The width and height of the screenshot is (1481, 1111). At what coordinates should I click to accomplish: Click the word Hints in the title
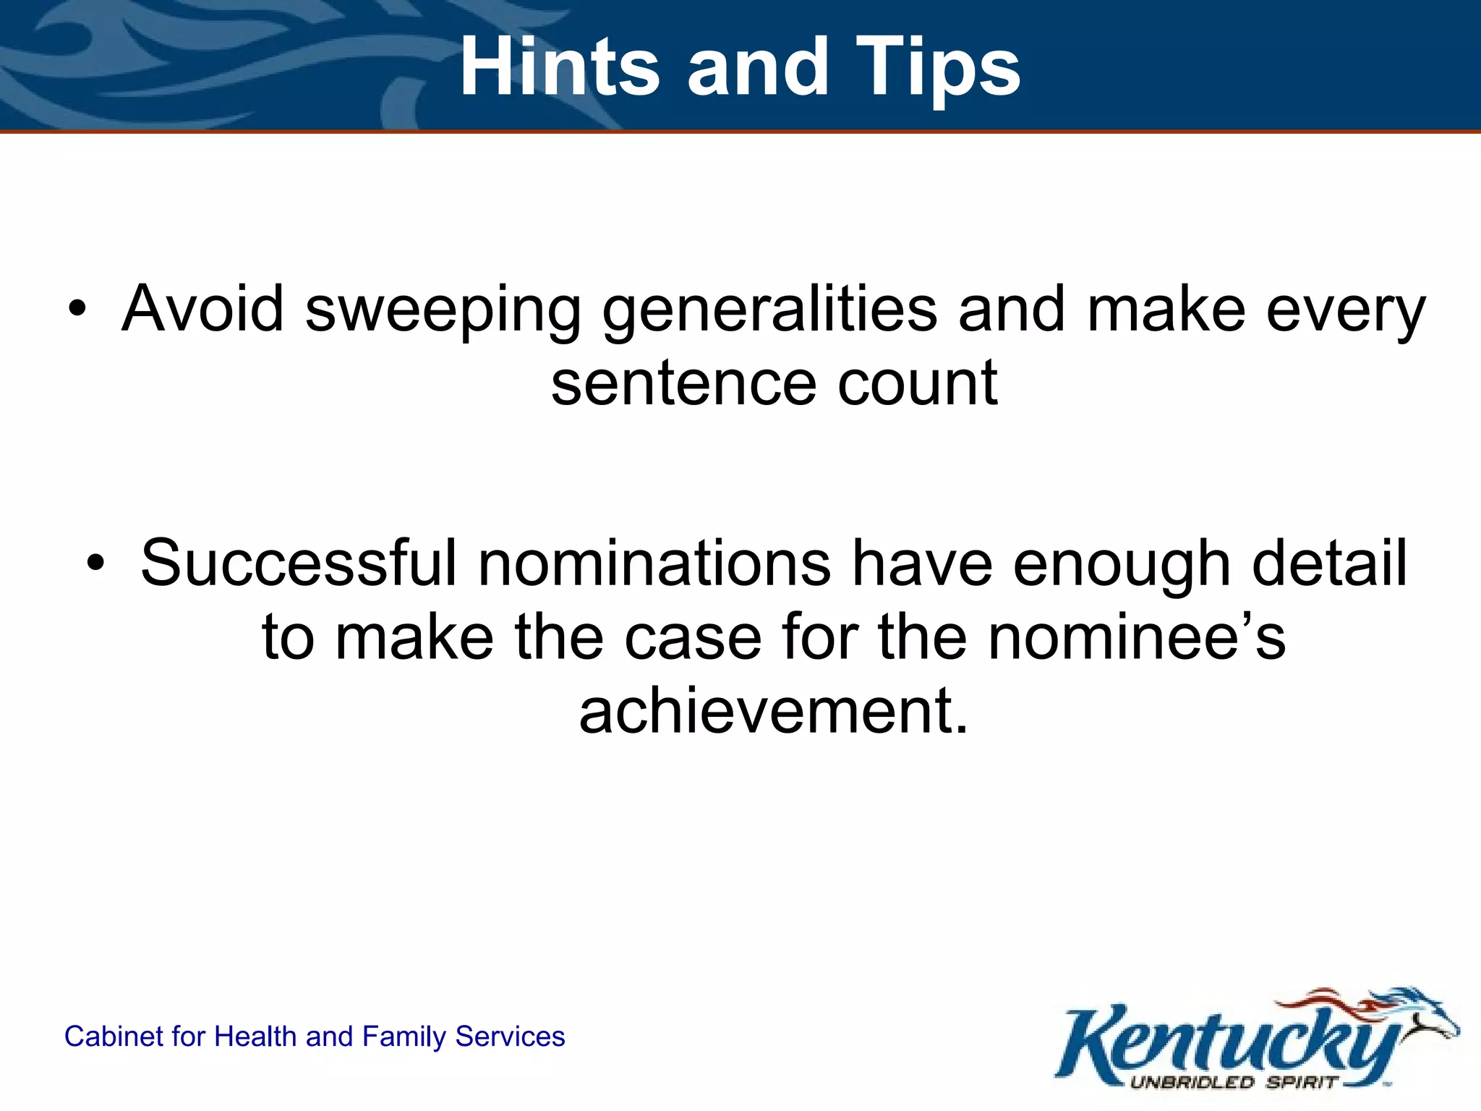(x=559, y=67)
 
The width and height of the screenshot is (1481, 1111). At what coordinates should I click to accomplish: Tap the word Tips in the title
(x=938, y=67)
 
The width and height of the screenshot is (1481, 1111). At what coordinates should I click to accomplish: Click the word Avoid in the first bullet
(x=203, y=309)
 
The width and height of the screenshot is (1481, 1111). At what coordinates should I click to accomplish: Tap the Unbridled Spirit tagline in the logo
(x=1233, y=1083)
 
